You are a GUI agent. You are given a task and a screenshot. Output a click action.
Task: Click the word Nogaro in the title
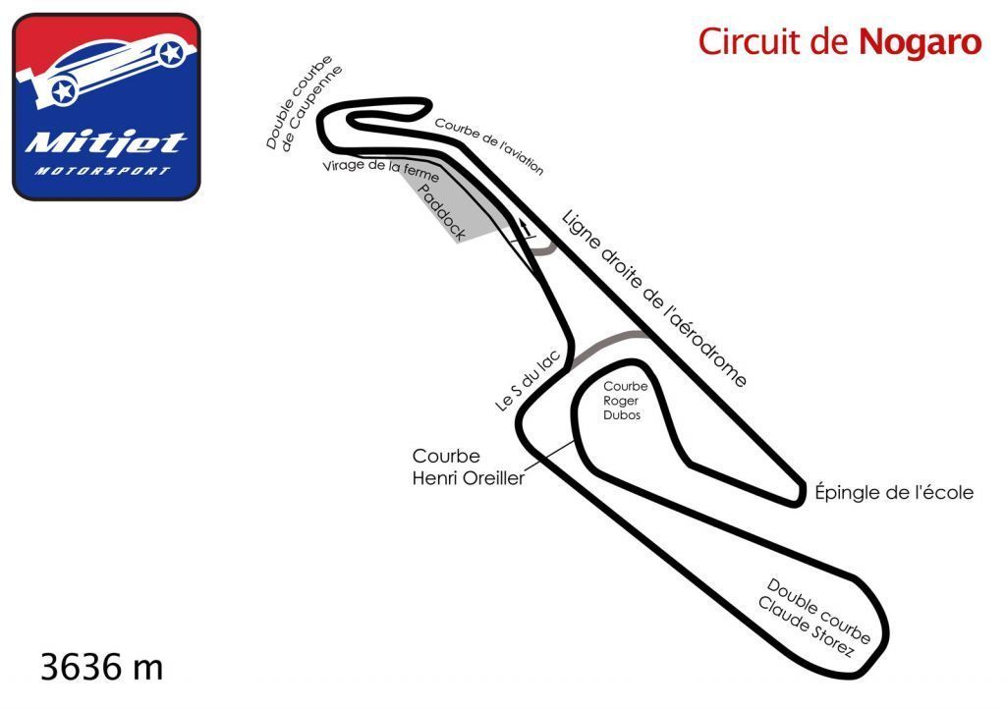tap(920, 42)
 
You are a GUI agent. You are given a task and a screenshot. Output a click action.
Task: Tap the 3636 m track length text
tap(101, 668)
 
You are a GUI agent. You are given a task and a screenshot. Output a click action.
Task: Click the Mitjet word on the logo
tap(105, 143)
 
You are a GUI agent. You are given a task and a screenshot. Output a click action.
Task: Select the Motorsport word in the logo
tap(103, 170)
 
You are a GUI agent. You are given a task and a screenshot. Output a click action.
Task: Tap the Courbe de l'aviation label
tap(488, 146)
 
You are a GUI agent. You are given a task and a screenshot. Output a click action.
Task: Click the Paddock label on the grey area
tap(440, 211)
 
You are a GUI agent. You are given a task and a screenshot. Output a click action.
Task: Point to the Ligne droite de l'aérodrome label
tap(653, 298)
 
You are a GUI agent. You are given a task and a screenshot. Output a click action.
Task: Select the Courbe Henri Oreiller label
tap(468, 467)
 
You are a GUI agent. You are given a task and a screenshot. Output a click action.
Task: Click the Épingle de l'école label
tap(894, 493)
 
